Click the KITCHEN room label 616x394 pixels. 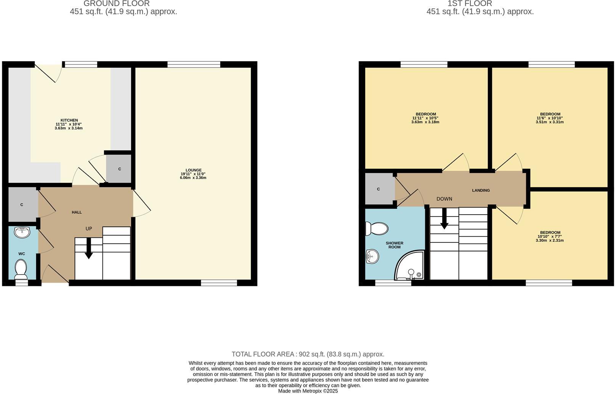[69, 120]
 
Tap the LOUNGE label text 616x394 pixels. [193, 170]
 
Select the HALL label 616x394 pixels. [77, 212]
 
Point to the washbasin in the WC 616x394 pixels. [22, 232]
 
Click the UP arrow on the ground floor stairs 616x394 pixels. [88, 249]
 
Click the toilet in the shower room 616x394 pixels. [376, 229]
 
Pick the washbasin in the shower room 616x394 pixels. [372, 257]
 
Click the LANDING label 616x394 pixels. [481, 190]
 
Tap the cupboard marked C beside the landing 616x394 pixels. [379, 189]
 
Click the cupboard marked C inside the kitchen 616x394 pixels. [119, 169]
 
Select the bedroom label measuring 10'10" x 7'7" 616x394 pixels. [550, 236]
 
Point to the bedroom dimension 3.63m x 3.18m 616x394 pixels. [425, 122]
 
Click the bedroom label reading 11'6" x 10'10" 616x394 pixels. [550, 118]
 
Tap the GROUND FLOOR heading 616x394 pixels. [117, 3]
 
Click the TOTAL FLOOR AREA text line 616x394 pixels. [308, 354]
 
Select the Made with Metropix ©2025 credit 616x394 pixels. [308, 391]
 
